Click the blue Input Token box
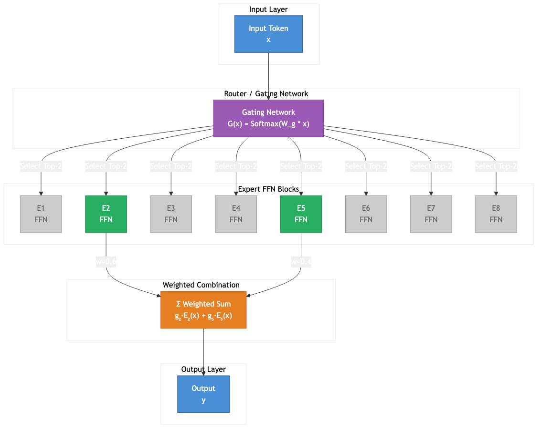click(268, 34)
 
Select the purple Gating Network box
click(268, 118)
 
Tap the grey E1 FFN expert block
click(41, 214)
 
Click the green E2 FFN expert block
click(106, 214)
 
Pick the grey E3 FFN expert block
click(171, 214)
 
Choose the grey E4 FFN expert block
click(236, 214)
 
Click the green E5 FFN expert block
click(301, 214)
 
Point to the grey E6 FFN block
click(366, 214)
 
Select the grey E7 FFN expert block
click(431, 214)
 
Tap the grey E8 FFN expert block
click(496, 214)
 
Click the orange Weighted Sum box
click(203, 310)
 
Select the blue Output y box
click(203, 394)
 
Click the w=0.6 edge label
click(106, 262)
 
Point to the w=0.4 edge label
click(301, 262)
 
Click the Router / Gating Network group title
click(266, 94)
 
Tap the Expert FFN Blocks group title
click(268, 189)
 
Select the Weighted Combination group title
click(201, 285)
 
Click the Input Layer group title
click(268, 10)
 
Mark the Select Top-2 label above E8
click(496, 166)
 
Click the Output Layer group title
click(203, 369)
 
